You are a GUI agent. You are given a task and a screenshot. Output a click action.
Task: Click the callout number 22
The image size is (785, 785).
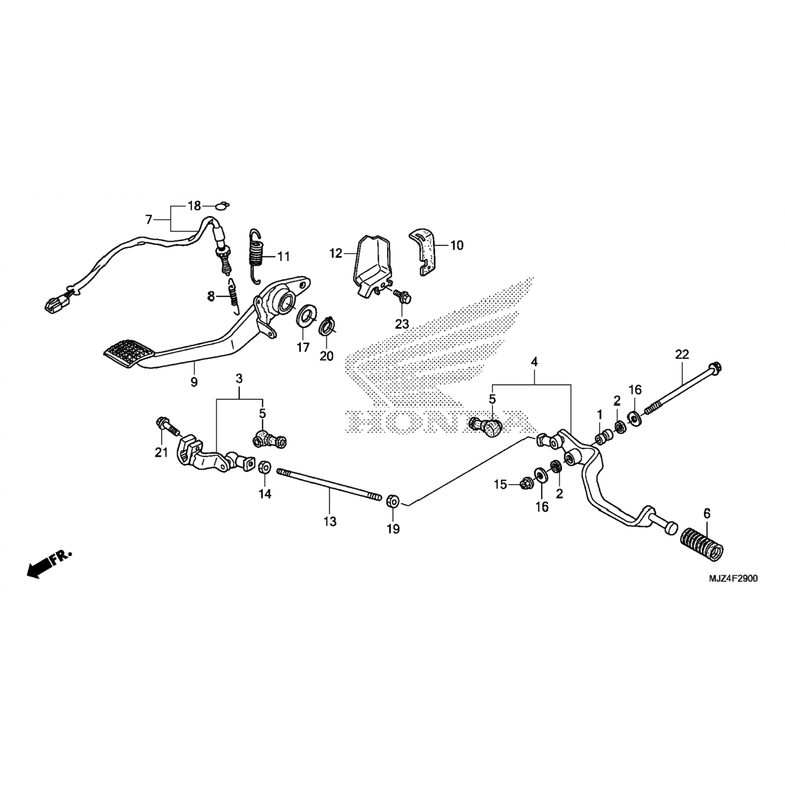point(682,354)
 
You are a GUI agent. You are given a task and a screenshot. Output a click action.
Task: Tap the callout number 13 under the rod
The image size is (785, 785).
point(330,522)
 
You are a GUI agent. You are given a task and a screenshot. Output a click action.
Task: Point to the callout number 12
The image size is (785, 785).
point(335,254)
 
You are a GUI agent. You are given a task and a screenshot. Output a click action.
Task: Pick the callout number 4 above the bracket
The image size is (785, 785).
point(534,362)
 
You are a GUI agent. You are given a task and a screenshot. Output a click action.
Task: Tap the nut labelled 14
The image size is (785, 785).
point(264,467)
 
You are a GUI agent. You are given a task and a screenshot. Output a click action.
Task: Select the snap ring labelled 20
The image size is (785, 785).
point(327,327)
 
